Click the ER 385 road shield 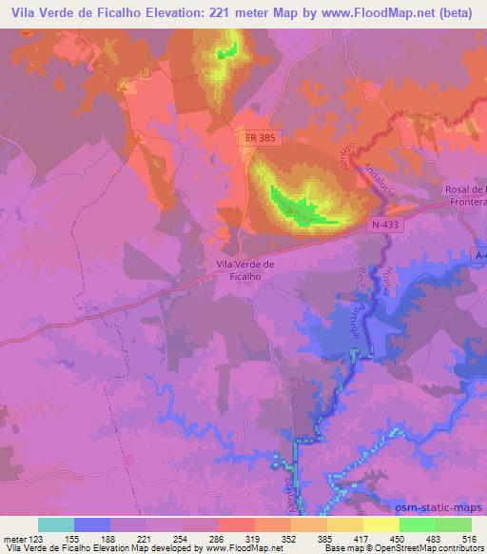pos(251,139)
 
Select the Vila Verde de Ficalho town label pos(245,270)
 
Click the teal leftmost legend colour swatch pos(56,524)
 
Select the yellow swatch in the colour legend pos(380,524)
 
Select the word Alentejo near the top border pos(344,158)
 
